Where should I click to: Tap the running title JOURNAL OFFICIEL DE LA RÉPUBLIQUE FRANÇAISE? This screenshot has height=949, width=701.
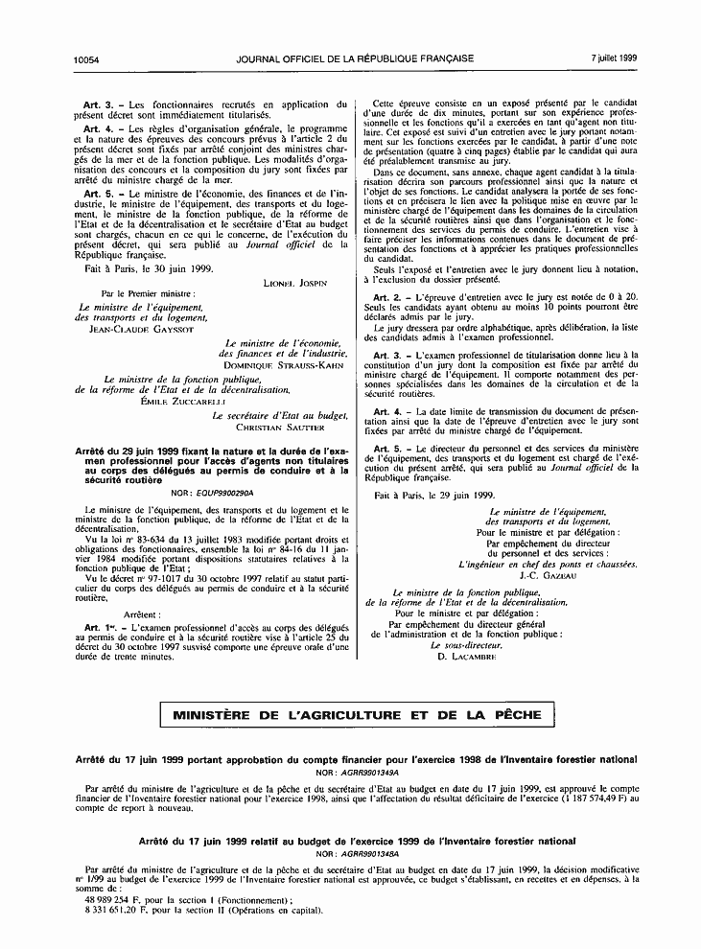355,58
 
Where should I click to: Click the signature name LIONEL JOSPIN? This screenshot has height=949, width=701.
294,283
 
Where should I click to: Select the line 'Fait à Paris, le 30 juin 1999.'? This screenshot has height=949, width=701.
140,269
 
